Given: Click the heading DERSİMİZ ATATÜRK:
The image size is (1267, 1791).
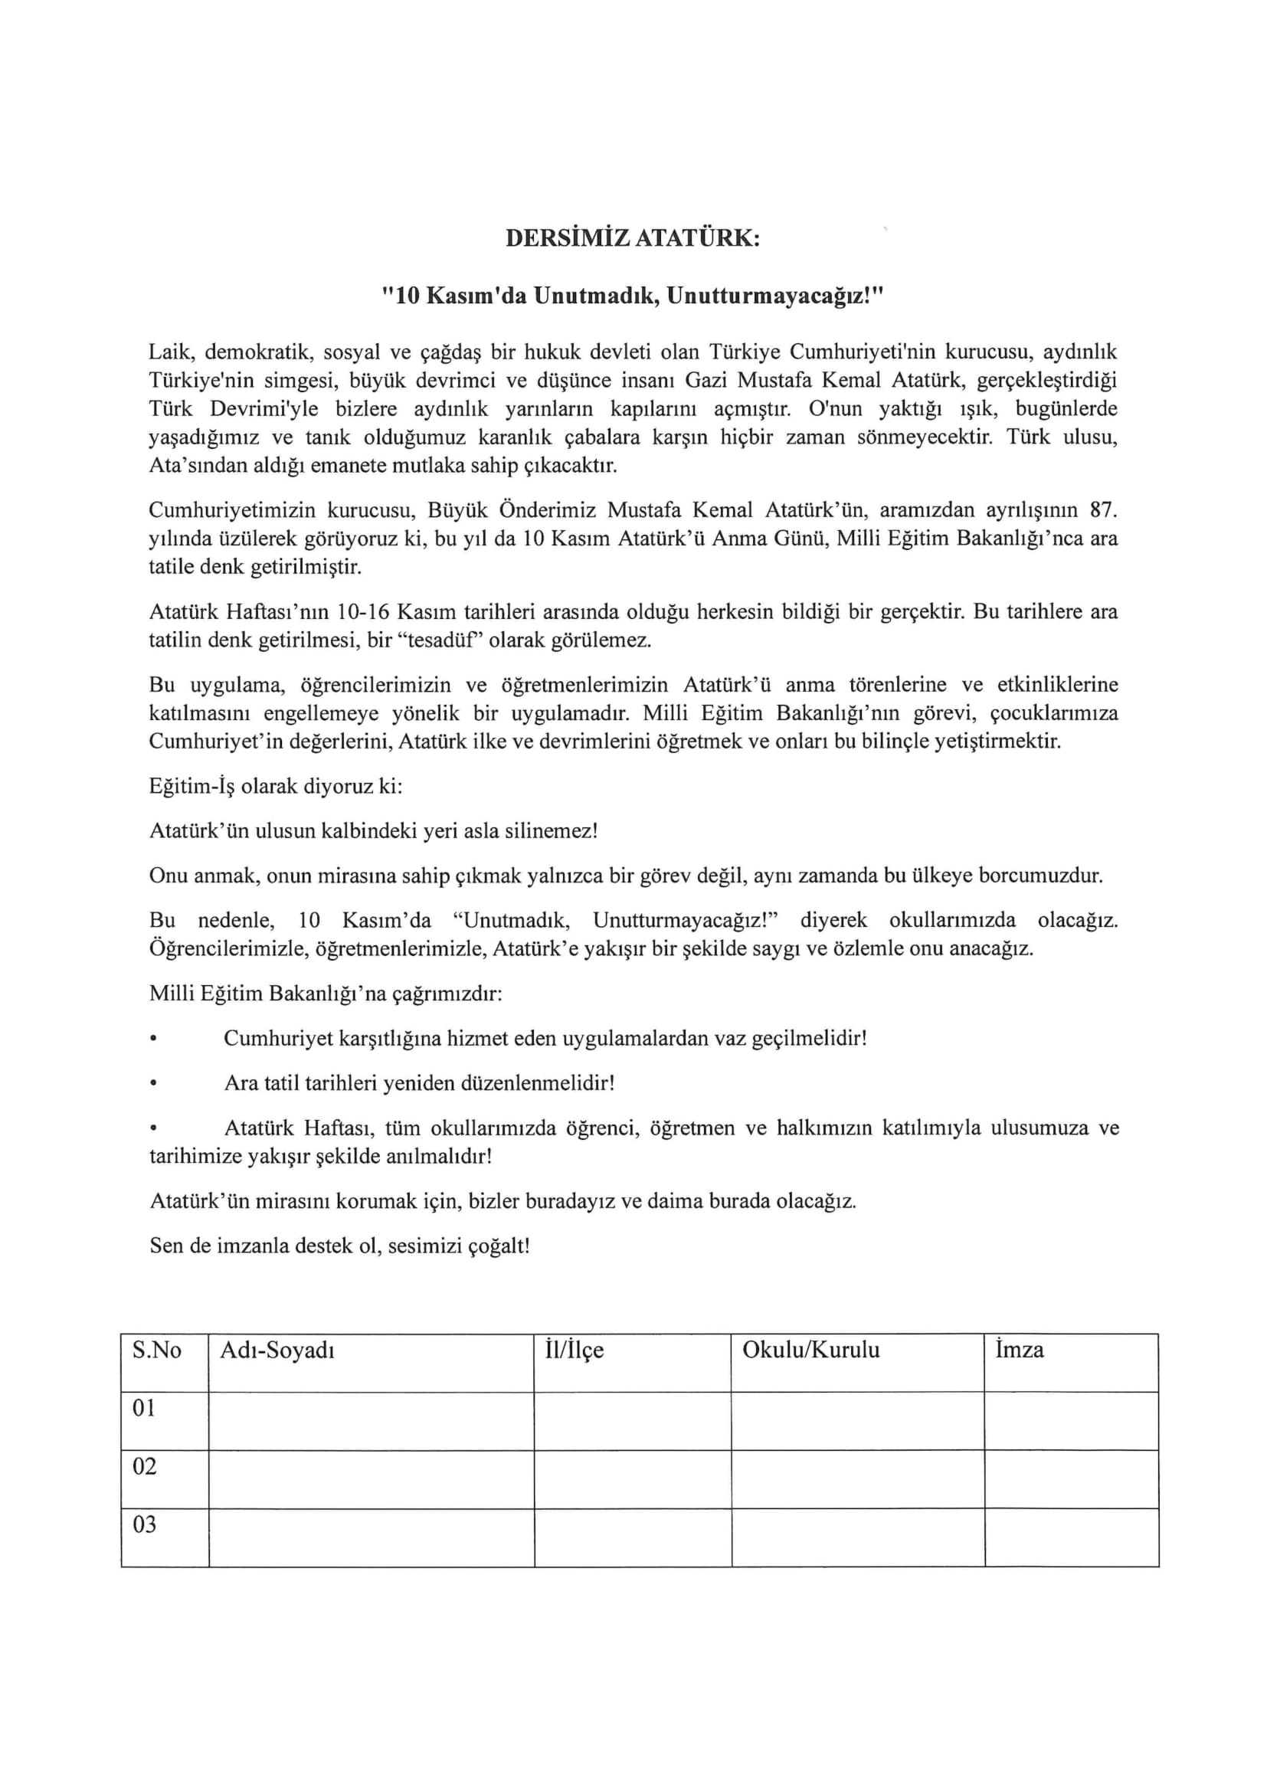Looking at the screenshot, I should click(x=633, y=238).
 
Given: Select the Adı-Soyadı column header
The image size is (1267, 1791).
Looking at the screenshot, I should click(x=277, y=1351).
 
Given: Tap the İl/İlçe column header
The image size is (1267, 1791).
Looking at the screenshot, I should click(x=575, y=1351).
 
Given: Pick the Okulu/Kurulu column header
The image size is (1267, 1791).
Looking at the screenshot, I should click(x=810, y=1351).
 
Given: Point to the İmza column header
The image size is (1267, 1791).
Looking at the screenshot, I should click(x=1019, y=1351).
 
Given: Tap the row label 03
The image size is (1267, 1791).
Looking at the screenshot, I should click(x=144, y=1524).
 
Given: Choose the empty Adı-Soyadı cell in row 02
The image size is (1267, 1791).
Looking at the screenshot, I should click(x=372, y=1479).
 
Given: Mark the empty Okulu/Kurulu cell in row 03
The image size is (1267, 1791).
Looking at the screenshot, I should click(x=857, y=1537).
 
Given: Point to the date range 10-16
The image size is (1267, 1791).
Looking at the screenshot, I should click(x=365, y=611).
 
